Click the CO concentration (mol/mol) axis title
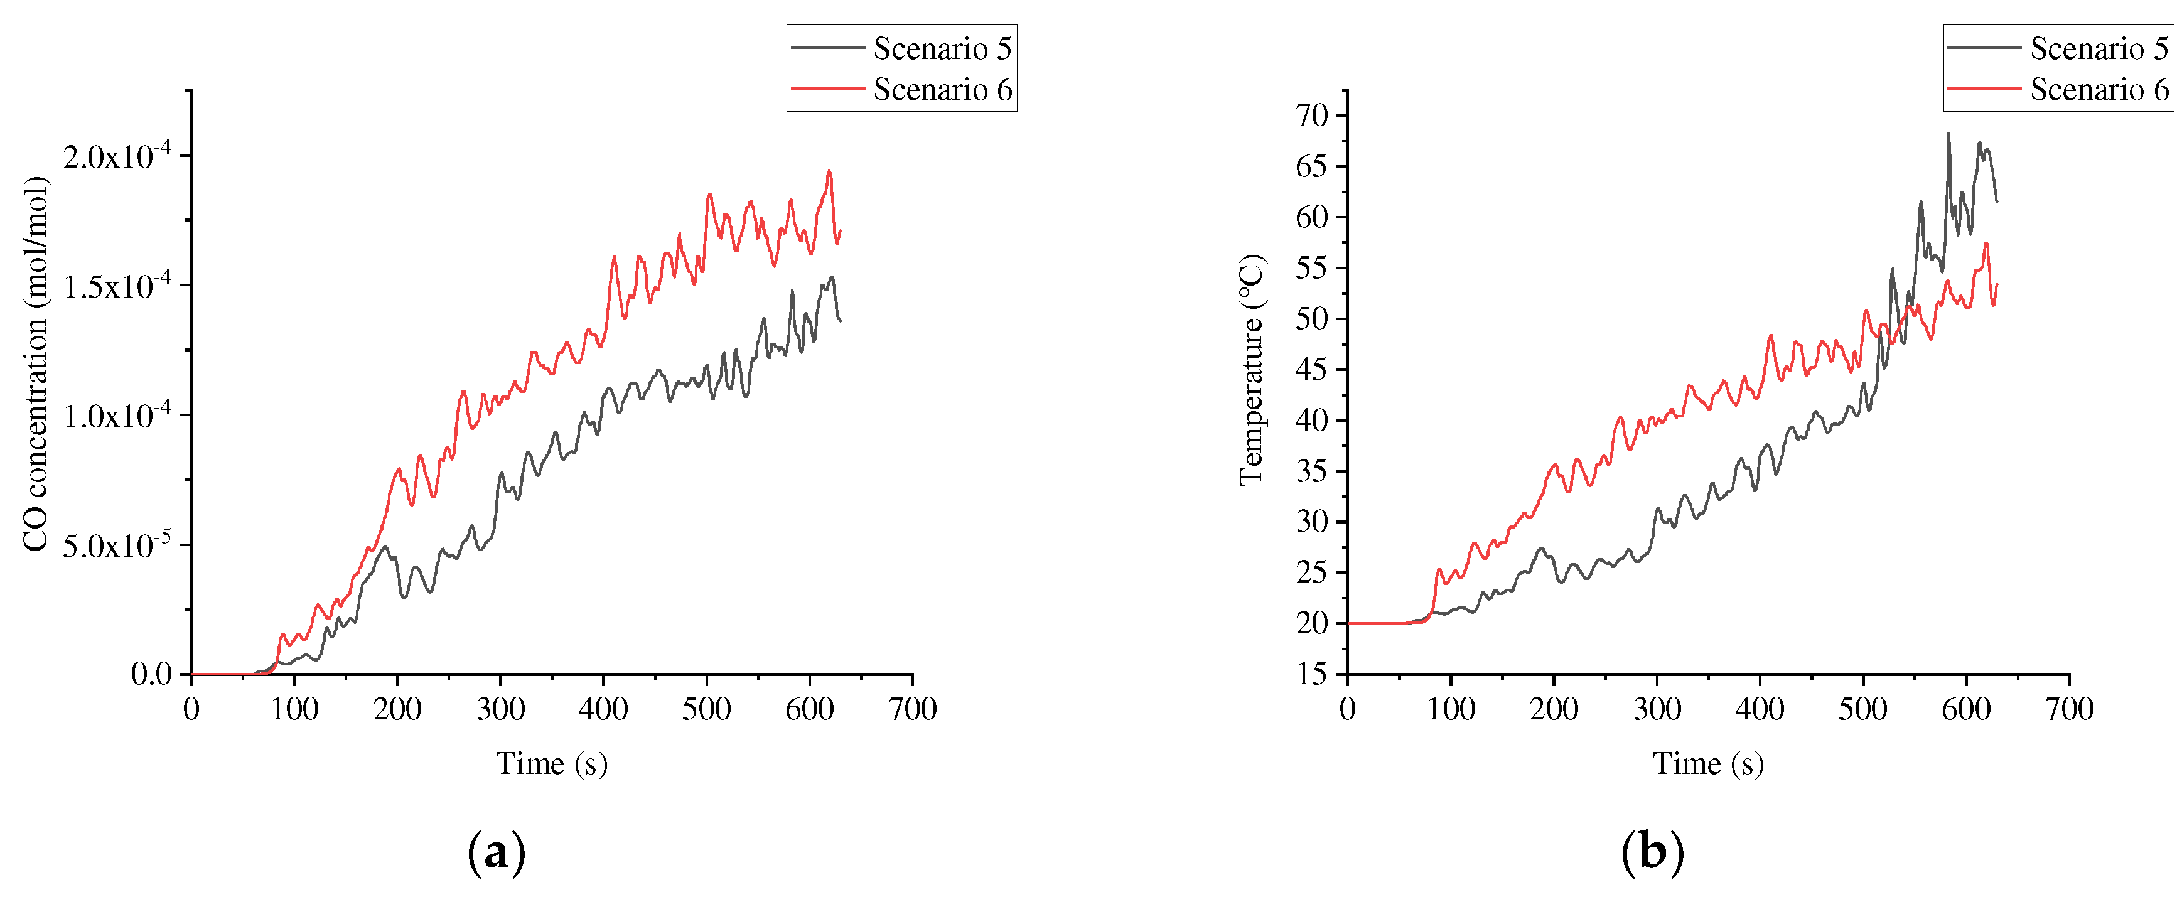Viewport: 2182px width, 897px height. (36, 364)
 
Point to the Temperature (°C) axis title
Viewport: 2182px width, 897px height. (1251, 370)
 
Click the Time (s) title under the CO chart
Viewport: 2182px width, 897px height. (551, 763)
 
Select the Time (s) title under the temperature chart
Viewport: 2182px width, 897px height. (1707, 763)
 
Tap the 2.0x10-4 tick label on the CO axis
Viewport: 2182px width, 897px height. (117, 156)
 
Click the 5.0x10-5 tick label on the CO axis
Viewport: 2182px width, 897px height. (117, 545)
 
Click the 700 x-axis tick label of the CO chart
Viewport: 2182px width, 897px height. (912, 709)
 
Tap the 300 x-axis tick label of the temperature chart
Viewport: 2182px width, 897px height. (1657, 709)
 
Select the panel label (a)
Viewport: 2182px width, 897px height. (497, 852)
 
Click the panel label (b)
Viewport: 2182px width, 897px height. (1653, 852)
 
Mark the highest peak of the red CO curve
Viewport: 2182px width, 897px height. (829, 171)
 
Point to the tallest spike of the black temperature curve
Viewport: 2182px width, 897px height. (1948, 134)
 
